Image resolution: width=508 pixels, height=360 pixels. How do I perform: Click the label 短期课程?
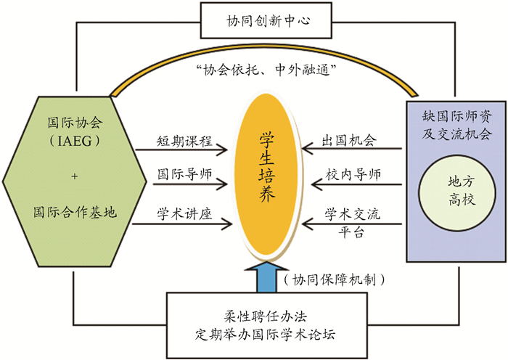tap(181, 140)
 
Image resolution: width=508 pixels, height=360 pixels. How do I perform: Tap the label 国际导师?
tap(181, 175)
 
